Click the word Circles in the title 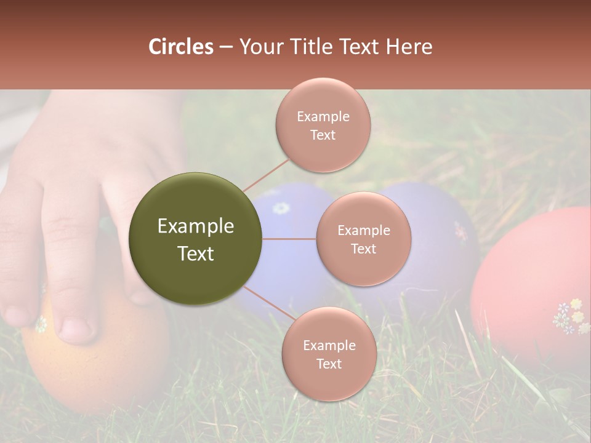[180, 47]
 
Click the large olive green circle [195, 239]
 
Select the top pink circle [323, 125]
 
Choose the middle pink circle [363, 239]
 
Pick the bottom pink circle [329, 354]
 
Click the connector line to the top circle [266, 175]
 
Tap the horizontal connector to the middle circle [289, 239]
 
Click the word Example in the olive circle [195, 226]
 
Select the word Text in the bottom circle [329, 364]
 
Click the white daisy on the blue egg [281, 208]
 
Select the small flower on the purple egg [460, 231]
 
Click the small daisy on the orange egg [41, 324]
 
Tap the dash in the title [226, 47]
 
